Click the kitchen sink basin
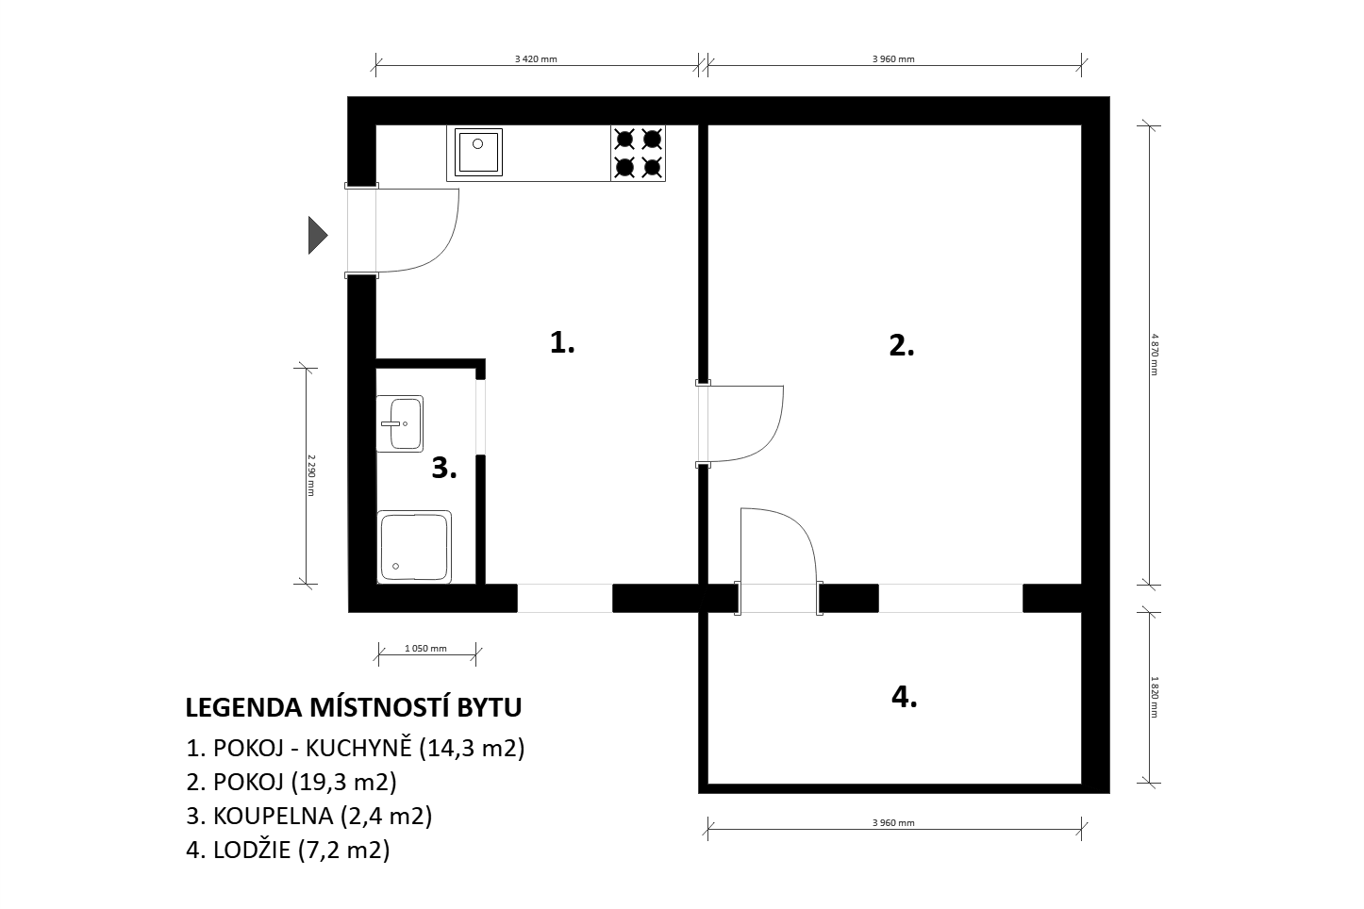(x=478, y=152)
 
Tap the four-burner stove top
(x=639, y=154)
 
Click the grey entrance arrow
(x=318, y=235)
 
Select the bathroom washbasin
(x=400, y=423)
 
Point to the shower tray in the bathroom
(x=415, y=547)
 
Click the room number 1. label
(x=562, y=342)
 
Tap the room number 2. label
(x=902, y=345)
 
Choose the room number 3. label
(x=444, y=469)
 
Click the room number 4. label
(x=905, y=697)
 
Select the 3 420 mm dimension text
(x=536, y=59)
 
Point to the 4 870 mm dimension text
(x=1155, y=354)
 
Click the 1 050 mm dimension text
(x=425, y=649)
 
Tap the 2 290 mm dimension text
(x=311, y=475)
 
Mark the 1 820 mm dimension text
(x=1155, y=697)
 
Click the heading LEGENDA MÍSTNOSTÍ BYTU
(x=354, y=707)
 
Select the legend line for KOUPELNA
(x=309, y=816)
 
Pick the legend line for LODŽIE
(x=288, y=850)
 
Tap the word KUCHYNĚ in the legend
(x=358, y=747)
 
